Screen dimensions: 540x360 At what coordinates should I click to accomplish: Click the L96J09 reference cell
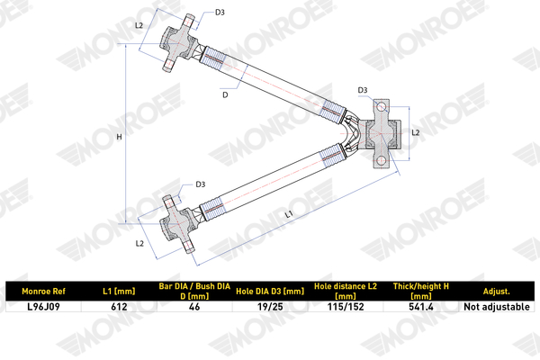(43, 307)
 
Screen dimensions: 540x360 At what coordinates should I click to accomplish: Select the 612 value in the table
(119, 307)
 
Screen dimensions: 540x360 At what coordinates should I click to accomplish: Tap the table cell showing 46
(194, 307)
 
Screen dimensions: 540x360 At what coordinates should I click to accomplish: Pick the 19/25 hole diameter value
(270, 307)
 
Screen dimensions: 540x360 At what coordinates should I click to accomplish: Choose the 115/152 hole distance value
(346, 307)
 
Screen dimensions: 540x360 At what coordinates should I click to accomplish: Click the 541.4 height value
(421, 307)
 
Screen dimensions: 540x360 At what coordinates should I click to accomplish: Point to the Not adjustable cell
(497, 307)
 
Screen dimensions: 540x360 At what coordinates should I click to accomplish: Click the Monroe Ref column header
(43, 292)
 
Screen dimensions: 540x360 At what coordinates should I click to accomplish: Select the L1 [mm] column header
(119, 292)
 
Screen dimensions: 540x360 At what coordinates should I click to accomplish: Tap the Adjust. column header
(496, 292)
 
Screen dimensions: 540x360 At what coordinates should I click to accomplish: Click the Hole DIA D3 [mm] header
(270, 292)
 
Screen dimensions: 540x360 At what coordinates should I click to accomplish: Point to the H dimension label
(119, 137)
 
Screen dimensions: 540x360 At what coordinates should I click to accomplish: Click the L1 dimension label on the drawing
(289, 214)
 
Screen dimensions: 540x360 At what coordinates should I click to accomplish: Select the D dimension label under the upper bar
(225, 94)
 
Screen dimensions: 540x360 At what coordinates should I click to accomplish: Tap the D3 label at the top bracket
(220, 13)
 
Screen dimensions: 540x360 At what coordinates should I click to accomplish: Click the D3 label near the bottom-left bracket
(201, 184)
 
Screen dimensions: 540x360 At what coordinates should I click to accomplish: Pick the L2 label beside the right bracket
(416, 132)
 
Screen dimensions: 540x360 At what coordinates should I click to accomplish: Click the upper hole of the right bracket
(381, 106)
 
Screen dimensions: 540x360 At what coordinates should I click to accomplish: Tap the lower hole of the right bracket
(381, 160)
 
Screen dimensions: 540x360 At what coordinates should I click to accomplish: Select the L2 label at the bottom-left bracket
(139, 244)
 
